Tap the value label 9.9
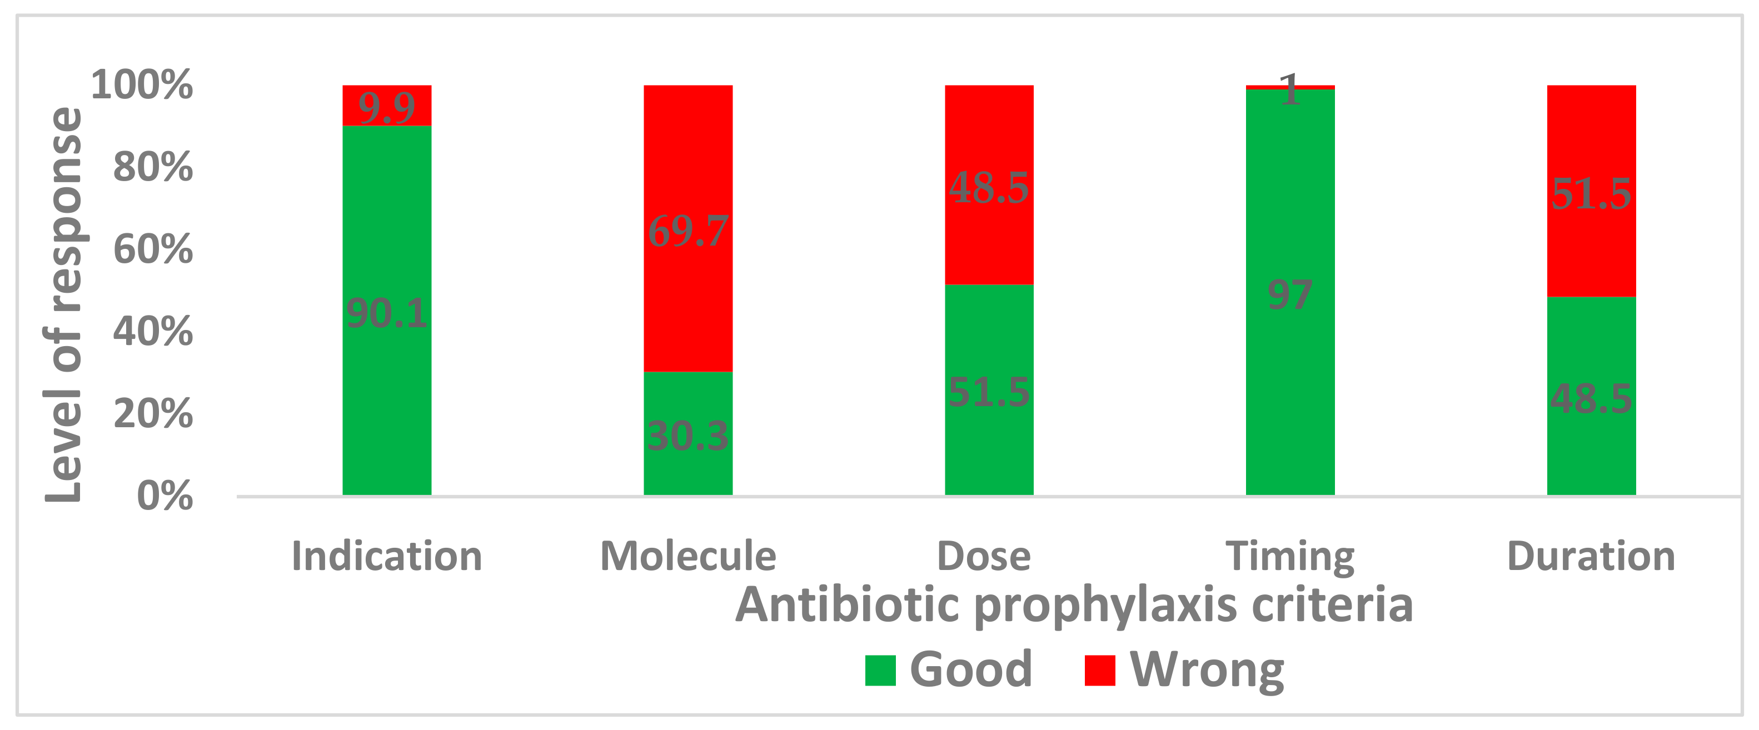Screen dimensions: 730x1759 tap(386, 108)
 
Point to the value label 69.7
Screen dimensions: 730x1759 tap(687, 231)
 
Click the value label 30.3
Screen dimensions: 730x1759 tap(687, 435)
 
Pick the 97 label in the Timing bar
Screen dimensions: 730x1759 tap(1290, 295)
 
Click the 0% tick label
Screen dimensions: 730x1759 tap(165, 495)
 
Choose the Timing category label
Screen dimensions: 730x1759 tap(1290, 557)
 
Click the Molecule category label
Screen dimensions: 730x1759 tap(687, 556)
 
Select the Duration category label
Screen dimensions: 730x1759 tap(1591, 556)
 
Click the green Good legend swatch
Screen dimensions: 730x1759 tap(880, 670)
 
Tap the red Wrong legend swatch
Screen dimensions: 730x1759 tap(1100, 670)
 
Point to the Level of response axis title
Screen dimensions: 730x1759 tap(63, 304)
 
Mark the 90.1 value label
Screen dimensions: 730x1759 tap(386, 313)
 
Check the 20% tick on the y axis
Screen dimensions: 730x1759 tap(153, 413)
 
